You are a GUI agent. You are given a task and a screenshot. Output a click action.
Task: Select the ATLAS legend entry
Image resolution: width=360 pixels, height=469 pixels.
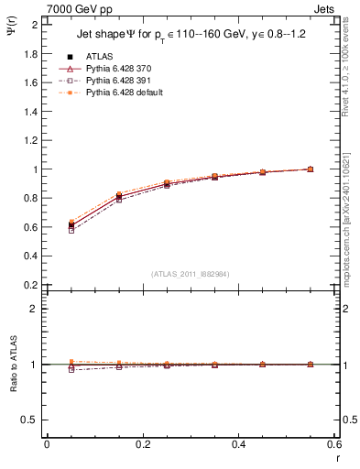point(99,56)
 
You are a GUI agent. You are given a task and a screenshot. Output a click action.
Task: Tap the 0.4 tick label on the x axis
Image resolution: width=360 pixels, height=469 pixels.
point(238,445)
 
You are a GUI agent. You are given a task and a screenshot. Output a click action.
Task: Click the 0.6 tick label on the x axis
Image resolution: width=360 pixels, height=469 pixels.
point(333,445)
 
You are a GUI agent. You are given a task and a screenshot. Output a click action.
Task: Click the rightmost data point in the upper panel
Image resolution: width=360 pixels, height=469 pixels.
point(310,169)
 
